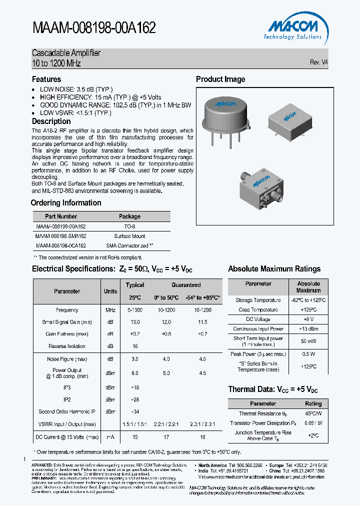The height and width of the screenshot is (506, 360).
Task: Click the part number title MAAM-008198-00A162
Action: [94, 27]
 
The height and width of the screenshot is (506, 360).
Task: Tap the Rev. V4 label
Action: [319, 62]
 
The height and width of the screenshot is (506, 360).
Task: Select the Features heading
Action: [46, 79]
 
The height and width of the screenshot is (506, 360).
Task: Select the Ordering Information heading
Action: [66, 203]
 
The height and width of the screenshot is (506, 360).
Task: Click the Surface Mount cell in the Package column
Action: [129, 236]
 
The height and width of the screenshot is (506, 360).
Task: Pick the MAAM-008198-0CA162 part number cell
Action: [61, 246]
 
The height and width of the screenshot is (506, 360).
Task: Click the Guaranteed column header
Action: [186, 285]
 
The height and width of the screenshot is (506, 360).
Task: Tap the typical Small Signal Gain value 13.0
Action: [135, 322]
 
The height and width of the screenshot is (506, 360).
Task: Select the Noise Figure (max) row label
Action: [67, 358]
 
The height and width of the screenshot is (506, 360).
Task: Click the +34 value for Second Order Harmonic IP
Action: [135, 411]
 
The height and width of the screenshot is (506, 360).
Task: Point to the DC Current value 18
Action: [202, 437]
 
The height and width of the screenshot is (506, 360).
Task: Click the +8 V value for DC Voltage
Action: [308, 319]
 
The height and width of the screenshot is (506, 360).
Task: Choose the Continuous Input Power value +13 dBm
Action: [308, 329]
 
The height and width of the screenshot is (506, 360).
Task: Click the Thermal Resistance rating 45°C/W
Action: [313, 413]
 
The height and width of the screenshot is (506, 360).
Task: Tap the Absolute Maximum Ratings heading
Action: [274, 269]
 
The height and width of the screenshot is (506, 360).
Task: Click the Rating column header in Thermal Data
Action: [313, 403]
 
